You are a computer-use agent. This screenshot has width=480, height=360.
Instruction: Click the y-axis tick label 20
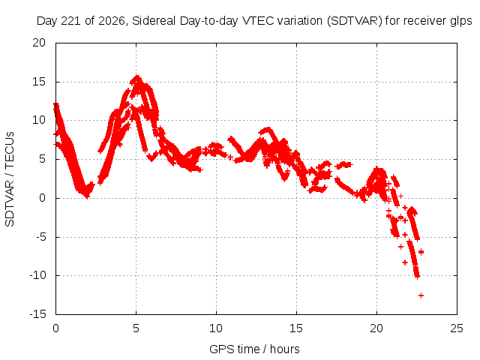click(x=39, y=43)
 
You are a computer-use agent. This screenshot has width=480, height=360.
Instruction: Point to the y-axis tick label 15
click(x=39, y=82)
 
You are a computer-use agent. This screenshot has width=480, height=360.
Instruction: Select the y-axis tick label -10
click(x=37, y=275)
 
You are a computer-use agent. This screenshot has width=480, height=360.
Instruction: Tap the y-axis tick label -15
click(x=37, y=314)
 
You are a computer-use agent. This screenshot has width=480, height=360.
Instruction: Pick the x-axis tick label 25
click(x=457, y=328)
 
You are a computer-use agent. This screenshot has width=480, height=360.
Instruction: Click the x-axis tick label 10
click(x=216, y=328)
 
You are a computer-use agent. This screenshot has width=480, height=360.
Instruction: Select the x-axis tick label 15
click(x=296, y=328)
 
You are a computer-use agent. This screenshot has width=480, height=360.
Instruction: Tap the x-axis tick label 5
click(x=136, y=328)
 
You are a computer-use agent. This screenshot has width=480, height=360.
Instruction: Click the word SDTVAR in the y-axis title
click(x=10, y=203)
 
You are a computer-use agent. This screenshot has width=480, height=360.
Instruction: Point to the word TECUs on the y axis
click(x=10, y=149)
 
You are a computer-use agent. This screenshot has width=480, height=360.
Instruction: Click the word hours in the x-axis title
click(x=285, y=349)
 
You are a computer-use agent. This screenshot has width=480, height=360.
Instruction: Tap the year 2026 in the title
click(x=111, y=21)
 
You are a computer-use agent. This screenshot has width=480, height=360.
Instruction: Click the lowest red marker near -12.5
click(x=421, y=295)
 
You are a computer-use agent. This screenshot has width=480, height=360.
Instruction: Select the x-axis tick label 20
click(x=376, y=328)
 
